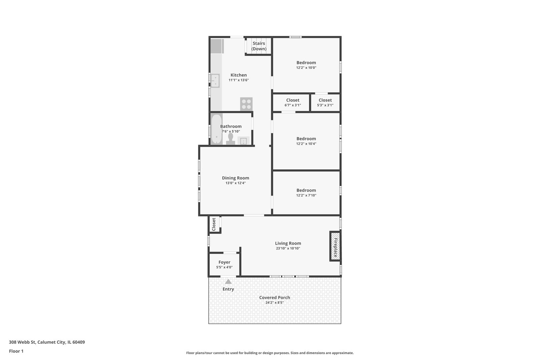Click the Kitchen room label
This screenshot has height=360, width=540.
click(239, 75)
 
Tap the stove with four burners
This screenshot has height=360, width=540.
click(246, 104)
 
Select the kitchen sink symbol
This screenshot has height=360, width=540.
click(215, 81)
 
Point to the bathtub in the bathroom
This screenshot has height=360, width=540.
click(216, 129)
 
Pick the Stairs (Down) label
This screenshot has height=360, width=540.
click(259, 46)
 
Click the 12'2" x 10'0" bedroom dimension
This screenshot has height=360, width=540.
click(306, 68)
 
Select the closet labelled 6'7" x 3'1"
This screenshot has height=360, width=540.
click(293, 102)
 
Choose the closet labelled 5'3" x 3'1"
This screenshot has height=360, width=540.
click(325, 102)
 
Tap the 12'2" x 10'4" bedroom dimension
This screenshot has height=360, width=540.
click(306, 144)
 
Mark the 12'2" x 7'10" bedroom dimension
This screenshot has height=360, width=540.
click(306, 196)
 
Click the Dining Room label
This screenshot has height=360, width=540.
click(235, 178)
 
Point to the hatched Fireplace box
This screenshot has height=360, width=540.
click(335, 246)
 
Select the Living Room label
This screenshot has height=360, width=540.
click(288, 243)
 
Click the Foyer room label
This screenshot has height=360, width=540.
click(224, 262)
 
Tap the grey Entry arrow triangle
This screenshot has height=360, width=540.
click(228, 282)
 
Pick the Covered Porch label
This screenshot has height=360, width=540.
click(275, 298)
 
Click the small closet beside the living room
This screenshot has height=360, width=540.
click(214, 224)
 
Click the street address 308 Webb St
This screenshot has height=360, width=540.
click(47, 342)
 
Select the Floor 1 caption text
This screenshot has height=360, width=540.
click(16, 351)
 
